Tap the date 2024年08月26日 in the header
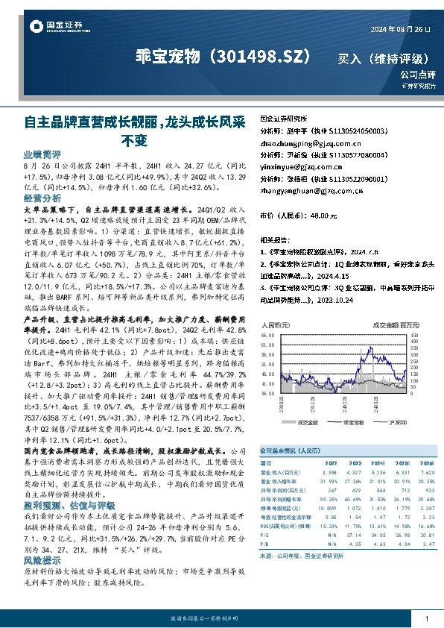[399, 28]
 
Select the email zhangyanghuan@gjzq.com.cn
[310, 190]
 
